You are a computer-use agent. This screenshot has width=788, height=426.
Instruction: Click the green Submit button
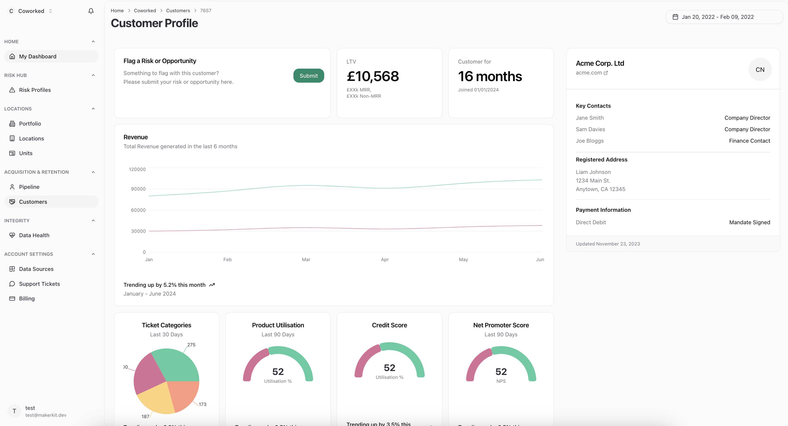[x=308, y=75]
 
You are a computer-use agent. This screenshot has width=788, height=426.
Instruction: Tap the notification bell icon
[x=91, y=11]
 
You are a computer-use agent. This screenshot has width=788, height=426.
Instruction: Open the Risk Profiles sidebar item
[x=35, y=90]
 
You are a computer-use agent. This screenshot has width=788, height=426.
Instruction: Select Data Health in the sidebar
[x=34, y=235]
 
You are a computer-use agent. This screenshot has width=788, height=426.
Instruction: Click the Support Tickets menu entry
[x=39, y=284]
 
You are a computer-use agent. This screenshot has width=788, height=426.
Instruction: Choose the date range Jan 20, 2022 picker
[x=717, y=17]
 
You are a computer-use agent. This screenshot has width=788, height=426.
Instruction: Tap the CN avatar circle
[x=759, y=69]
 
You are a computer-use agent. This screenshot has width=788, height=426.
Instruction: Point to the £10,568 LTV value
[x=372, y=76]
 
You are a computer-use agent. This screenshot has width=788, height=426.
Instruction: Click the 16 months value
[x=490, y=76]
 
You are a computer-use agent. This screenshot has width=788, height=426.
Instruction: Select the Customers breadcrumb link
[x=178, y=11]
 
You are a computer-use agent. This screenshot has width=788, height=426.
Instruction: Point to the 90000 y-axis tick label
[x=138, y=189]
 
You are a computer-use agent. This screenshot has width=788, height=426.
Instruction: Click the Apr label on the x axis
[x=384, y=259]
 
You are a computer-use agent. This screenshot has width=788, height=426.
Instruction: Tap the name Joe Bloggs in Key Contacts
[x=590, y=141]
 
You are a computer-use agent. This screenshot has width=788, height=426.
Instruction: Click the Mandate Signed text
[x=749, y=223]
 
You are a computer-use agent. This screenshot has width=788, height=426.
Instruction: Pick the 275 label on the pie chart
[x=191, y=345]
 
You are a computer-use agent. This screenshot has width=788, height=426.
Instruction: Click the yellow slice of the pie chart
[x=155, y=398]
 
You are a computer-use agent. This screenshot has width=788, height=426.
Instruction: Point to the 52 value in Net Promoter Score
[x=501, y=372]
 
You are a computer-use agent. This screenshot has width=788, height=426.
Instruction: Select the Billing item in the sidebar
[x=27, y=298]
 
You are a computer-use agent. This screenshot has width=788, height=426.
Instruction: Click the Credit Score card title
[x=389, y=325]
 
